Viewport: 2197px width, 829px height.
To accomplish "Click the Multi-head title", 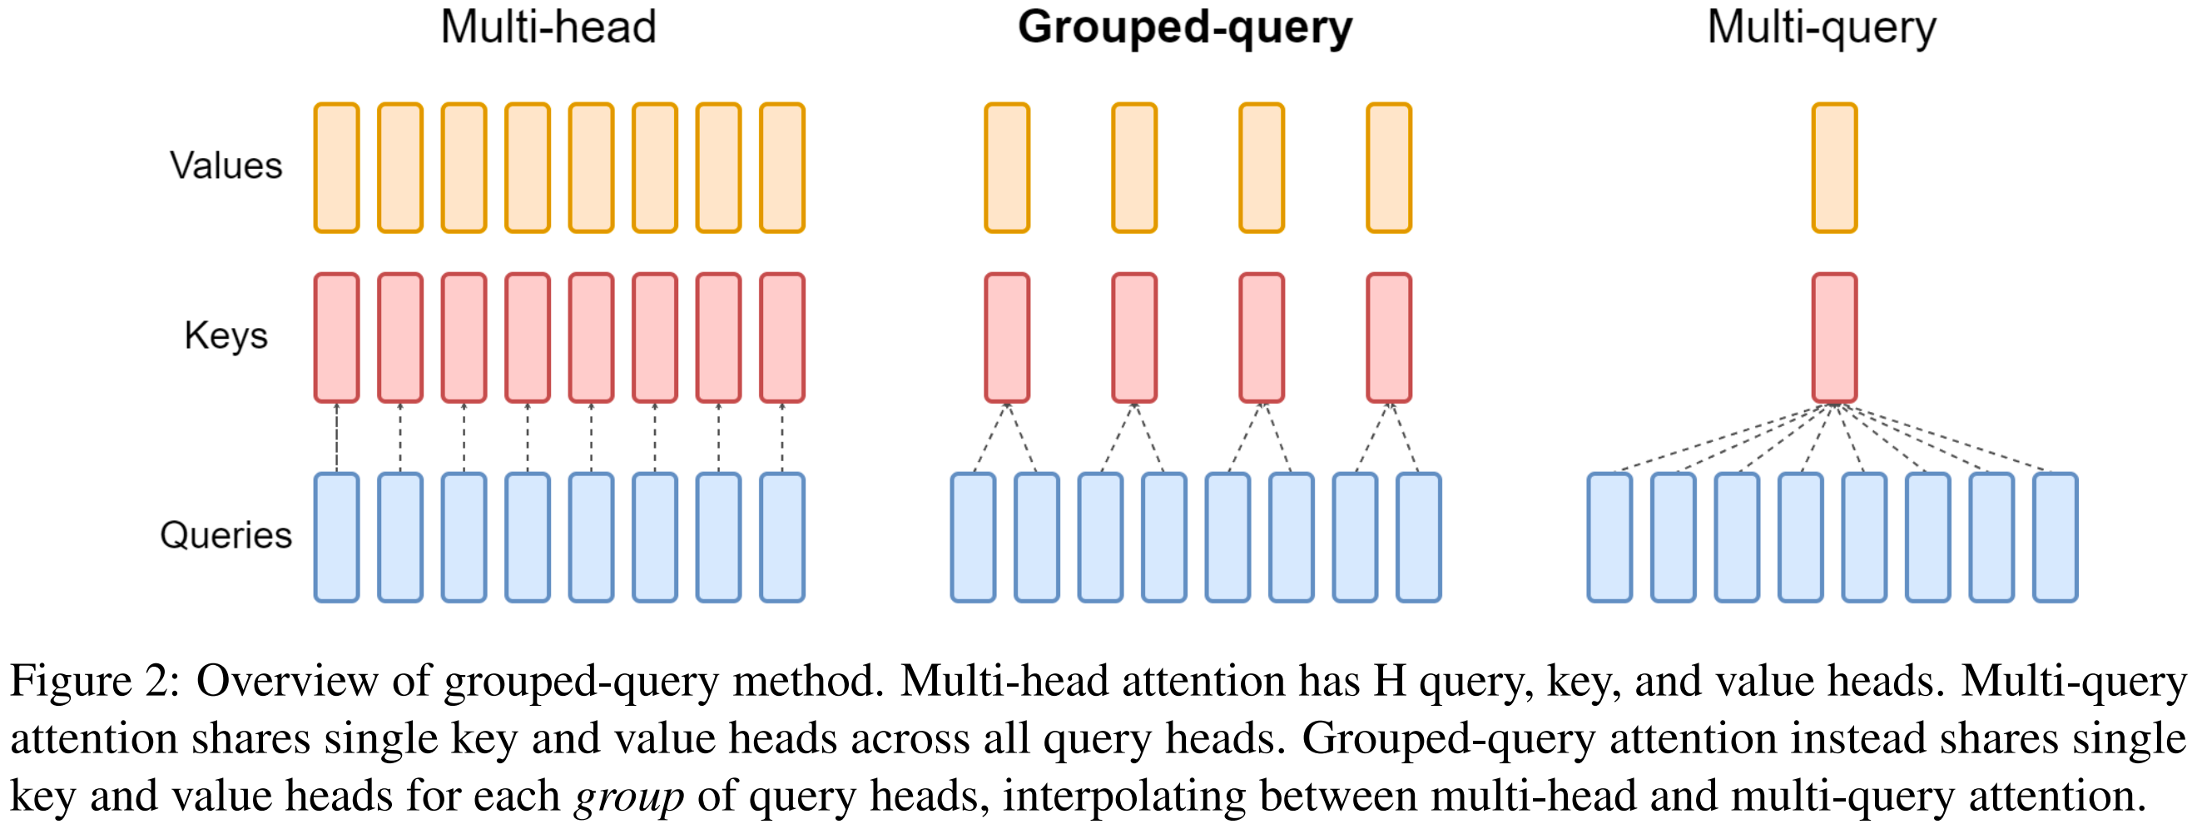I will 548,27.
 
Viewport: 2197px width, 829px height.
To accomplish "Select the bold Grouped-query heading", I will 1185,27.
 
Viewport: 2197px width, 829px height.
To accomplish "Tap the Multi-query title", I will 1821,27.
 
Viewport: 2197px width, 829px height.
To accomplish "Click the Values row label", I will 226,166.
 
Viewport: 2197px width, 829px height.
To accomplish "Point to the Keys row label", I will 226,335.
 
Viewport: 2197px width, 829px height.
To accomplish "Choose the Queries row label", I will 226,536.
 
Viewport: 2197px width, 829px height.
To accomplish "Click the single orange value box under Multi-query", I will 1834,168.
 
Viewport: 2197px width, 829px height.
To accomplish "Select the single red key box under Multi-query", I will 1834,338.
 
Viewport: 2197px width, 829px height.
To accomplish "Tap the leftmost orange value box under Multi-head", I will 337,168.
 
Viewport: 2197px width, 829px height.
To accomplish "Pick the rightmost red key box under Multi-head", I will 782,338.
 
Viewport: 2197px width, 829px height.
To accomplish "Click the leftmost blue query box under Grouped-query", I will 973,538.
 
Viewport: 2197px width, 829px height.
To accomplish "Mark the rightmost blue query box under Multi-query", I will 2056,538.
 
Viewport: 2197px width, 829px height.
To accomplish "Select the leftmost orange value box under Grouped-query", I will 1007,168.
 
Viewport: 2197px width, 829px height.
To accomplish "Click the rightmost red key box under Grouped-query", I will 1388,338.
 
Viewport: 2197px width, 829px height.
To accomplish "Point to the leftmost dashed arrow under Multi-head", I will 337,438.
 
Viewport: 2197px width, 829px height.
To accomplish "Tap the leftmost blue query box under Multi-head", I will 337,538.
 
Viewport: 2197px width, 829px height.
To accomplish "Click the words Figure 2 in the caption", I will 93,682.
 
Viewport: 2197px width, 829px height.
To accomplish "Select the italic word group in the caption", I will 628,797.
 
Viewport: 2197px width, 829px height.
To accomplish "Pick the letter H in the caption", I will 1389,682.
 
